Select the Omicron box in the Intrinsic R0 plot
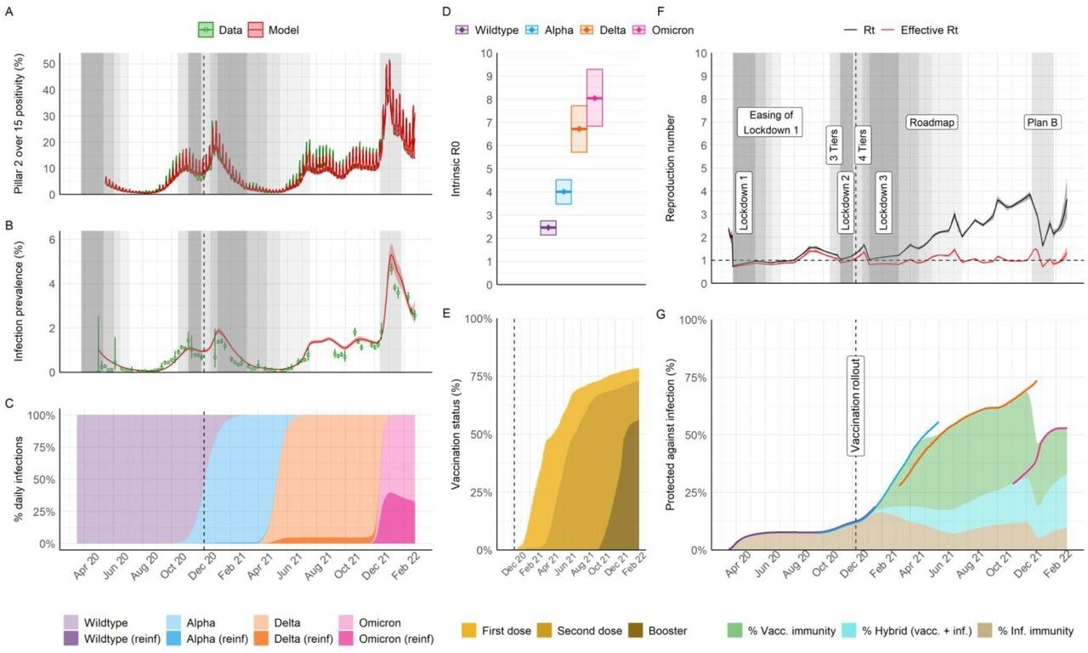(x=595, y=98)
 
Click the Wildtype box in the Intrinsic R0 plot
(x=548, y=228)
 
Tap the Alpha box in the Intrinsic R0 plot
(x=563, y=192)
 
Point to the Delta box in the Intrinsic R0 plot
(x=579, y=128)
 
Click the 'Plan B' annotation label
(x=1041, y=122)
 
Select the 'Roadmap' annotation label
(x=932, y=122)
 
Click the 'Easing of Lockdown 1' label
(x=770, y=122)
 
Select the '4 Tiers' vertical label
(x=863, y=145)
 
